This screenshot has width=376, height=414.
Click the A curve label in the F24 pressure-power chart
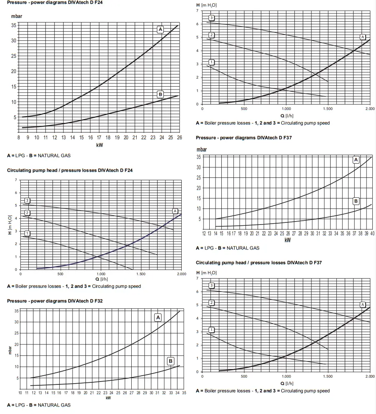[x=160, y=29]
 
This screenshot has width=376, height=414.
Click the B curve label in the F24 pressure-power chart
[x=160, y=95]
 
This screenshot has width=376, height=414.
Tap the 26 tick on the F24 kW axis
[x=179, y=137]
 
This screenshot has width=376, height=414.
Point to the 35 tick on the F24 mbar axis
[x=14, y=25]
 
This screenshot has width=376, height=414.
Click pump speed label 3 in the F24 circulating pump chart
[x=27, y=201]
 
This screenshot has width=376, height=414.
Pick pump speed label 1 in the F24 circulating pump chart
[x=27, y=233]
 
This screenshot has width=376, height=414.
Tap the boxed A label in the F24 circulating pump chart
[x=175, y=211]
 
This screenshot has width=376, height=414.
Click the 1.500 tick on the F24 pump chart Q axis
[x=141, y=274]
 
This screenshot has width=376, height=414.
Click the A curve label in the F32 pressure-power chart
[x=158, y=318]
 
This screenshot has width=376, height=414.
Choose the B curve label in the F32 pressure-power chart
[x=170, y=361]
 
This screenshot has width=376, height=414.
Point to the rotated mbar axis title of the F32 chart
[x=10, y=352]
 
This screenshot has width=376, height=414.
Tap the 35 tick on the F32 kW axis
[x=183, y=393]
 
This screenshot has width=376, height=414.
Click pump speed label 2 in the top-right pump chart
[x=211, y=35]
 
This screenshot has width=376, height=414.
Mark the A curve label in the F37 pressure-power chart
[x=356, y=160]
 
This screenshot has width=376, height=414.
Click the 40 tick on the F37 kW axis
[x=372, y=234]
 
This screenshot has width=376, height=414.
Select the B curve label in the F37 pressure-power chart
[x=356, y=201]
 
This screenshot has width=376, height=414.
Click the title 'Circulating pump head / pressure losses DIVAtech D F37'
[x=258, y=263]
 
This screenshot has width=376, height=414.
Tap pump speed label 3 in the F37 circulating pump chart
[x=211, y=285]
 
